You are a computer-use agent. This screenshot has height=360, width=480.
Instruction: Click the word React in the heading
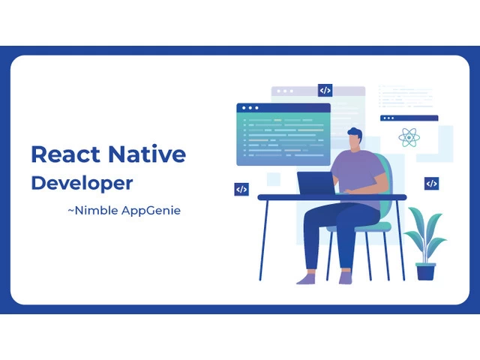pyautogui.click(x=65, y=154)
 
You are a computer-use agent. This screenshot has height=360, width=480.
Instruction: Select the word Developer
pyautogui.click(x=82, y=183)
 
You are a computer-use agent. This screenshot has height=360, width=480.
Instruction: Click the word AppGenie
pyautogui.click(x=151, y=211)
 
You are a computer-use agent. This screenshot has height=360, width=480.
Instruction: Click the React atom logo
pyautogui.click(x=409, y=137)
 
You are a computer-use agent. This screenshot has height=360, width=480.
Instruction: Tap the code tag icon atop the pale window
pyautogui.click(x=325, y=90)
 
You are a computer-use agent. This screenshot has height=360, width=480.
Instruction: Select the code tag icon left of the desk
pyautogui.click(x=241, y=189)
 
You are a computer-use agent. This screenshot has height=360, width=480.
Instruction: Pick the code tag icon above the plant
pyautogui.click(x=431, y=183)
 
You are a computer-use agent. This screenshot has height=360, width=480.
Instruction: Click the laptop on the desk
pyautogui.click(x=316, y=183)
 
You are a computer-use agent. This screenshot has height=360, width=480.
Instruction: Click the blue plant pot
pyautogui.click(x=425, y=271)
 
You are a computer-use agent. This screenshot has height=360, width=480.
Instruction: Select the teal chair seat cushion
pyautogui.click(x=358, y=227)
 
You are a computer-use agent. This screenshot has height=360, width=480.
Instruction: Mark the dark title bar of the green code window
pyautogui.click(x=283, y=108)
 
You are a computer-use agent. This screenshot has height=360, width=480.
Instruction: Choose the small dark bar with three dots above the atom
pyautogui.click(x=409, y=118)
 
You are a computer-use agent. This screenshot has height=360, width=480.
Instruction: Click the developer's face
pyautogui.click(x=354, y=142)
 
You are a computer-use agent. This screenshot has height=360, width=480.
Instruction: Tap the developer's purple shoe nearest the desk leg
pyautogui.click(x=306, y=278)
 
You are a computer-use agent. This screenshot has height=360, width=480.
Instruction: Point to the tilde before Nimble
pyautogui.click(x=70, y=211)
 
